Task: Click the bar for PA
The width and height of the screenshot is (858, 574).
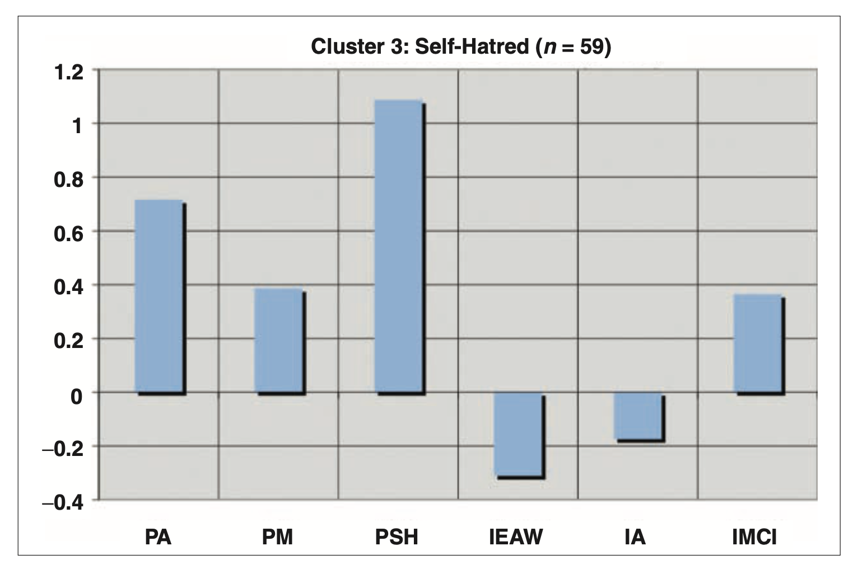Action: pyautogui.click(x=160, y=297)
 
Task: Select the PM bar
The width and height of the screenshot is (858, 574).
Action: pyautogui.click(x=279, y=341)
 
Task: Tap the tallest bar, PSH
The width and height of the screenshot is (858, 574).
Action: pyautogui.click(x=399, y=247)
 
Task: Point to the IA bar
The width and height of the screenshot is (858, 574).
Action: pyautogui.click(x=638, y=416)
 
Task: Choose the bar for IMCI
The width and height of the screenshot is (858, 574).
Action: pyautogui.click(x=758, y=344)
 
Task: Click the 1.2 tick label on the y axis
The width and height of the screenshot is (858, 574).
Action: pyautogui.click(x=68, y=73)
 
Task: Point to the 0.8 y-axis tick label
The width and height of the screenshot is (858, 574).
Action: pyautogui.click(x=68, y=180)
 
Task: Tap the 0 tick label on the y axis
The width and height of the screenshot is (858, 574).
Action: pyautogui.click(x=76, y=396)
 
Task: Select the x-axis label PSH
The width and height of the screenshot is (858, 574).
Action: pyautogui.click(x=397, y=538)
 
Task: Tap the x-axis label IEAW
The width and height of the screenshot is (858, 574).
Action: pyautogui.click(x=516, y=538)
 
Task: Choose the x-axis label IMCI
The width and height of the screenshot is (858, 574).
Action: pyautogui.click(x=754, y=538)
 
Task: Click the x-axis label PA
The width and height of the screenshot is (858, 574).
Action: pyautogui.click(x=158, y=538)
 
